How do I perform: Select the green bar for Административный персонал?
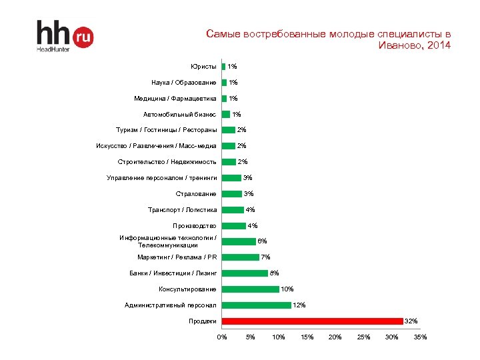pos(256,305)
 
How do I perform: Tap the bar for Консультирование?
pos(250,289)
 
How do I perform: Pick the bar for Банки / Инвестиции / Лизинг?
pos(245,273)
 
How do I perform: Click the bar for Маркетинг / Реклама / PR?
pos(240,257)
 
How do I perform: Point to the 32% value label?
pos(411,321)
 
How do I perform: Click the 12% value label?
pos(299,305)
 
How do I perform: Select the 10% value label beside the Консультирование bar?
pos(287,289)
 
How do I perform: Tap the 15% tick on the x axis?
pos(307,337)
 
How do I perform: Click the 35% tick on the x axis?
pos(421,337)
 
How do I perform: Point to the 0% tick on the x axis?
pos(222,337)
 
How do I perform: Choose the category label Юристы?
pos(203,67)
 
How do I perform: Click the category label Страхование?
pos(196,194)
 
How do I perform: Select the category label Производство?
pos(195,226)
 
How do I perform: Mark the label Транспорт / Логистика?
pos(182,210)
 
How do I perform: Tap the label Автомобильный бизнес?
pos(179,115)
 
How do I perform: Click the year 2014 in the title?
pos(437,46)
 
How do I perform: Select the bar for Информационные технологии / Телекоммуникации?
pos(239,241)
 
